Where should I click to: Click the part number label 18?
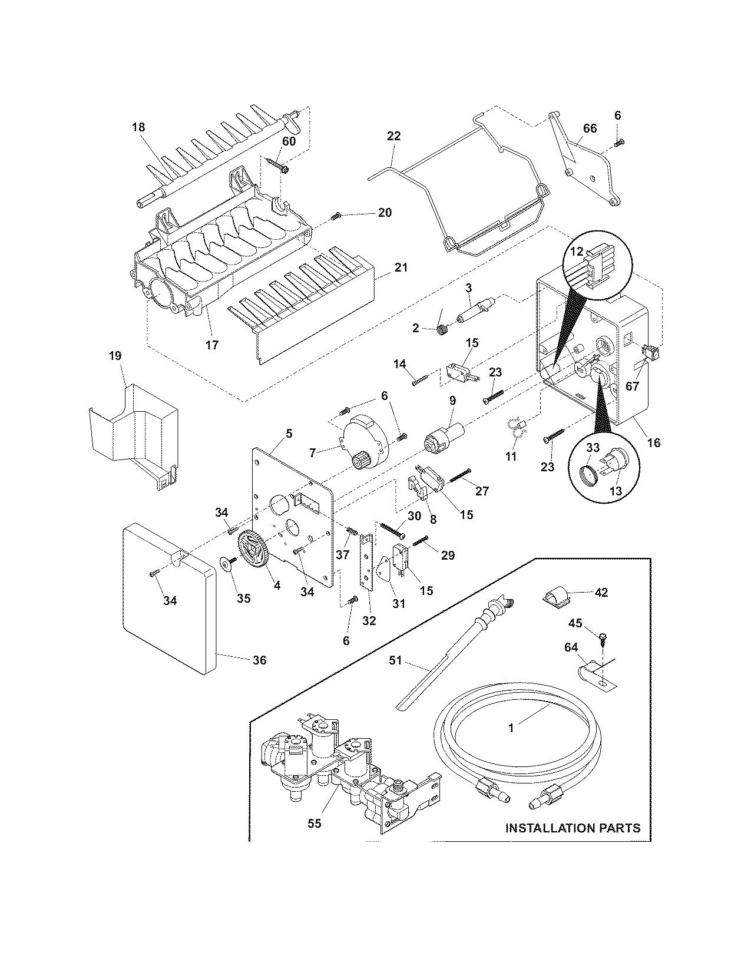coord(138,127)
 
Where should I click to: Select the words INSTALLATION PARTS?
coord(573,828)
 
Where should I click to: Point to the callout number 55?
coord(315,823)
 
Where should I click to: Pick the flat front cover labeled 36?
coord(168,601)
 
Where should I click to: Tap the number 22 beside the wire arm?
coord(394,136)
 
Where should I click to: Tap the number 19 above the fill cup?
coord(115,355)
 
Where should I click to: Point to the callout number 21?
coord(401,267)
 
